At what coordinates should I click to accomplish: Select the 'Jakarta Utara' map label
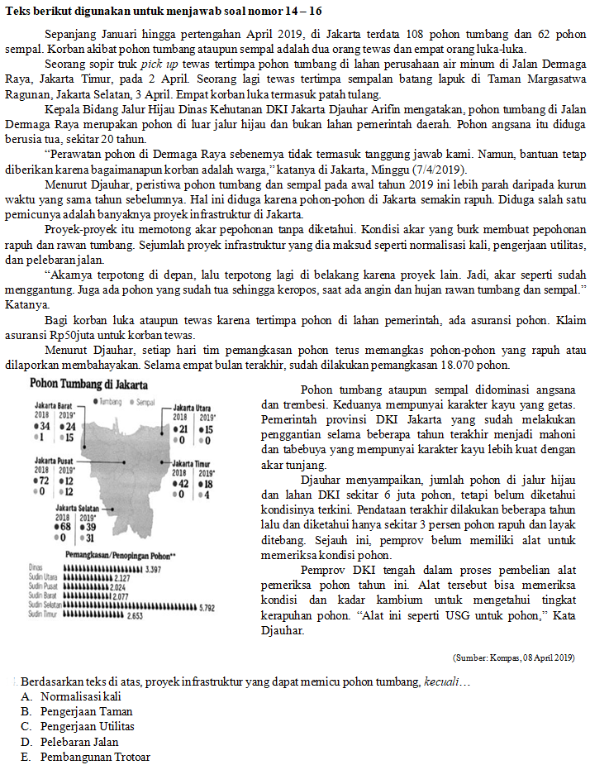[x=194, y=409]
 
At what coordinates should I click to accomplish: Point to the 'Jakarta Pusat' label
[x=55, y=460]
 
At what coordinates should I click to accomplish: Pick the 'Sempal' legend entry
[x=145, y=401]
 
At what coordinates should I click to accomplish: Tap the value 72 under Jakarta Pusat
[x=41, y=480]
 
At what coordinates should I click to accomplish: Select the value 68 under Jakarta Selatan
[x=64, y=526]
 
